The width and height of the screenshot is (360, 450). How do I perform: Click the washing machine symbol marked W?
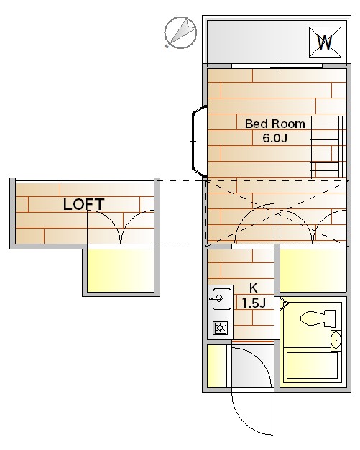pyautogui.click(x=325, y=42)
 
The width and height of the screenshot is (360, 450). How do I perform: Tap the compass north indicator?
pyautogui.click(x=180, y=32)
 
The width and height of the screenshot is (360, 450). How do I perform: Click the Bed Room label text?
pyautogui.click(x=275, y=124)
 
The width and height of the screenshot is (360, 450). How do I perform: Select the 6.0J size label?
pyautogui.click(x=274, y=138)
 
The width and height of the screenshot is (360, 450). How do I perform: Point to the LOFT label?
pyautogui.click(x=83, y=204)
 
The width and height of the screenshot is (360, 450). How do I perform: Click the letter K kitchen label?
pyautogui.click(x=253, y=288)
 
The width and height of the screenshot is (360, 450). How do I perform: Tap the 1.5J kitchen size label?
pyautogui.click(x=254, y=303)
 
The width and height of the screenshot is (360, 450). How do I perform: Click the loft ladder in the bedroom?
pyautogui.click(x=325, y=147)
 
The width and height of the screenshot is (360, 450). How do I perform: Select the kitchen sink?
pyautogui.click(x=221, y=299)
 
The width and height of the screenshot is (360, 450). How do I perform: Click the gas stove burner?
pyautogui.click(x=221, y=328)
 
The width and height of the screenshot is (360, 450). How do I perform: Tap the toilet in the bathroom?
pyautogui.click(x=318, y=318)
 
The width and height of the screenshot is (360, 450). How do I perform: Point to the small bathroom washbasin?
pyautogui.click(x=336, y=341)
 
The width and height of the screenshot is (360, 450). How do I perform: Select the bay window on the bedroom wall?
pyautogui.click(x=199, y=141)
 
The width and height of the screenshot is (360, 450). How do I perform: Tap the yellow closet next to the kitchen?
pyautogui.click(x=313, y=270)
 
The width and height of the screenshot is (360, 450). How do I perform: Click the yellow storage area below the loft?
pyautogui.click(x=121, y=270)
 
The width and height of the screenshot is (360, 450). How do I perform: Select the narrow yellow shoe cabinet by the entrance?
pyautogui.click(x=217, y=366)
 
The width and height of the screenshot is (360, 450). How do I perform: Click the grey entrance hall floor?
pyautogui.click(x=251, y=366)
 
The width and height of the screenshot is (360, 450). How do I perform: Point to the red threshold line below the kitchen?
pyautogui.click(x=252, y=341)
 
